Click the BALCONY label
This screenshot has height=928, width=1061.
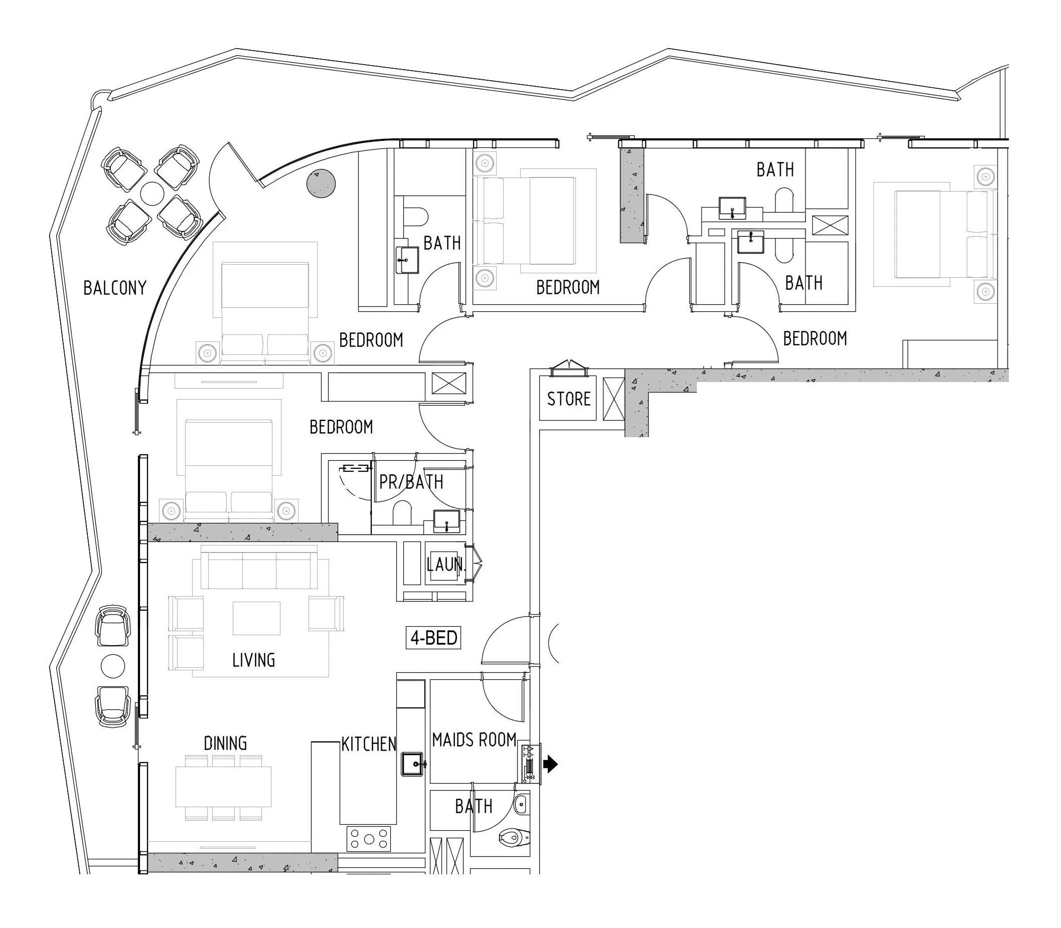click(115, 288)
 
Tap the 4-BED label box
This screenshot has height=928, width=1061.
click(433, 638)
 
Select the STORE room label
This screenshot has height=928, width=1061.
click(569, 399)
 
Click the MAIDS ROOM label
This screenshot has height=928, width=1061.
click(474, 740)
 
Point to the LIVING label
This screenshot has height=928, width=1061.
click(253, 660)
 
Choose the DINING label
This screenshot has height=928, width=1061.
click(225, 743)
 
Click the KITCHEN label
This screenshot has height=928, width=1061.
click(368, 744)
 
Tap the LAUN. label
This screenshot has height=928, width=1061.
click(446, 565)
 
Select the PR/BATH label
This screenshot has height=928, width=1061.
click(411, 482)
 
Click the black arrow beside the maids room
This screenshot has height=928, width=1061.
click(550, 764)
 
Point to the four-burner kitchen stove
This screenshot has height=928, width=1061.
click(369, 839)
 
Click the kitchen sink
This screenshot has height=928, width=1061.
click(413, 764)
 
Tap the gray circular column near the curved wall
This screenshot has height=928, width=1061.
click(321, 183)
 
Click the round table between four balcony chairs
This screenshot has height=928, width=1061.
click(153, 194)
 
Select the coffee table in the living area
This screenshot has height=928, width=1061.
click(256, 618)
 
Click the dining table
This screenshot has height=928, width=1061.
click(223, 787)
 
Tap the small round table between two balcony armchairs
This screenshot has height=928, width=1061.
click(113, 666)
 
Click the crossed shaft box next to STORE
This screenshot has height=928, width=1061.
click(614, 399)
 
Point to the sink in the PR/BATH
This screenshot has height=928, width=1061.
click(446, 521)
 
